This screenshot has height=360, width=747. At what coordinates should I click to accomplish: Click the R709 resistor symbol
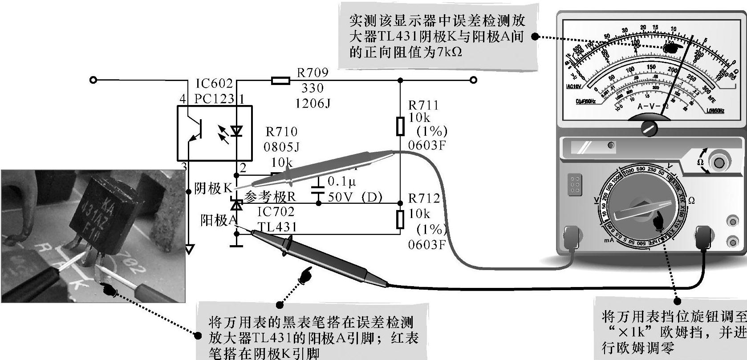click(x=280, y=81)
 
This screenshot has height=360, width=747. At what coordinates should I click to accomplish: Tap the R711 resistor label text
click(x=423, y=105)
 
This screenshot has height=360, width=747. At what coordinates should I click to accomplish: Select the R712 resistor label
click(x=424, y=198)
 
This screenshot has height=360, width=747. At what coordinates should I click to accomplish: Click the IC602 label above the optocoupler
click(x=214, y=84)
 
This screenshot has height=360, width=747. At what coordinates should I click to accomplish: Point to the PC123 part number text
click(x=214, y=99)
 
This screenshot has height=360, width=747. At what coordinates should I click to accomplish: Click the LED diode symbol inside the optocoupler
click(x=236, y=131)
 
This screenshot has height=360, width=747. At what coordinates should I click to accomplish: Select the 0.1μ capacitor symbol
click(x=318, y=187)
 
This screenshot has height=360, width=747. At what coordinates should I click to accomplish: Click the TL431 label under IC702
click(x=277, y=227)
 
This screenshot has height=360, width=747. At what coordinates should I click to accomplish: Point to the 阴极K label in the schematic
click(x=213, y=189)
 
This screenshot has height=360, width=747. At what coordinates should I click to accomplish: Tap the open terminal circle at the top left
click(x=93, y=80)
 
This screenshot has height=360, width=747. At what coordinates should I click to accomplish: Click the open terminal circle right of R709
click(x=474, y=80)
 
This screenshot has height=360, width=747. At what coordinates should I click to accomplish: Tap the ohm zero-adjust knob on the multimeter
click(x=718, y=162)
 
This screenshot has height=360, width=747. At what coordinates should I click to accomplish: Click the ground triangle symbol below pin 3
click(x=190, y=249)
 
